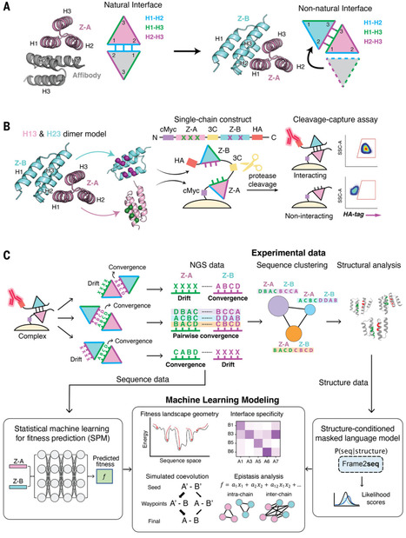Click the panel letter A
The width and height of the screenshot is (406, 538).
point(8,7)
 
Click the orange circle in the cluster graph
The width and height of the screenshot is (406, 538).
point(289,340)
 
